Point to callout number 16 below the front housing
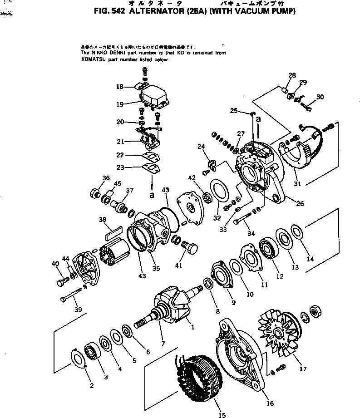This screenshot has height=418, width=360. click(270, 403)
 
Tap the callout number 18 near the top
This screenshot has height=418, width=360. click(119, 86)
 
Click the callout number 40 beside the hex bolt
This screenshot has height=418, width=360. click(55, 264)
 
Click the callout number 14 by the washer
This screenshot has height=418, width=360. click(311, 259)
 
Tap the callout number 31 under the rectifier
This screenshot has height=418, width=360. click(298, 183)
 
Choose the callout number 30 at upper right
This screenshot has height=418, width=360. click(320, 97)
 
